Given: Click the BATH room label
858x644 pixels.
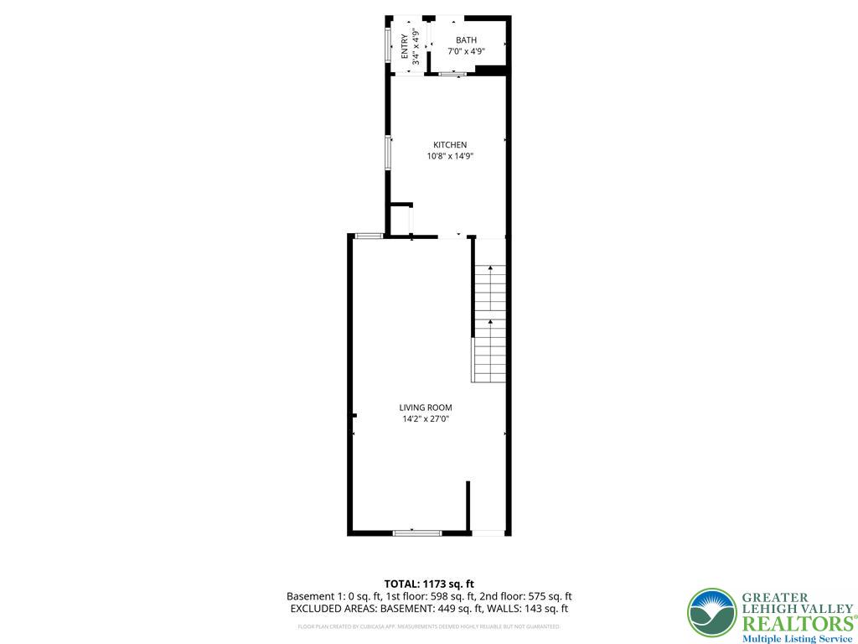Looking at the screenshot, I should point(466,40).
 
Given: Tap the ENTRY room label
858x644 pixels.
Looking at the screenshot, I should point(406,45).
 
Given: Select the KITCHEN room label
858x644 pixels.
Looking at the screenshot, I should point(450,145).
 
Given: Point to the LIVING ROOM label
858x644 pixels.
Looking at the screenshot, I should point(426,408).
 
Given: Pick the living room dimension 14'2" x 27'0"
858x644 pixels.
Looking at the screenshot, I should point(426,418).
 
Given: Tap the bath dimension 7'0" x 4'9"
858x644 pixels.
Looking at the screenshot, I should point(466,51).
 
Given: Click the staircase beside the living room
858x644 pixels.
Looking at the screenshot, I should point(490,323).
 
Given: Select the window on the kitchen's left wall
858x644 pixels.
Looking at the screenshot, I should point(388,153).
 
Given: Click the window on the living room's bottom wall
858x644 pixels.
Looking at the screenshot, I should point(417,532).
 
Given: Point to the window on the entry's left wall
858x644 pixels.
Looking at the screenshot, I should point(387,45).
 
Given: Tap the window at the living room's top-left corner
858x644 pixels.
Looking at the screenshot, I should point(368,236).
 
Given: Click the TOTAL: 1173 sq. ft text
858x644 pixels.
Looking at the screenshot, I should point(429,584).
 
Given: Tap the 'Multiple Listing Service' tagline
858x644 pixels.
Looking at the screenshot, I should point(798,638).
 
